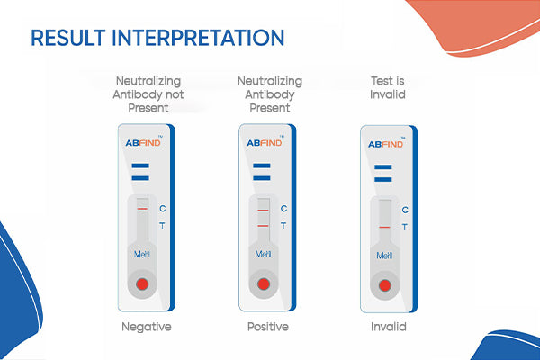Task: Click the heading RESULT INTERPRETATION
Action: tap(157, 39)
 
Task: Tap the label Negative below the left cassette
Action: tap(146, 326)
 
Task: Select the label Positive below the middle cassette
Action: tap(267, 326)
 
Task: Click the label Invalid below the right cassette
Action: tap(389, 326)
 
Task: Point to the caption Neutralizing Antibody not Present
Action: tap(146, 94)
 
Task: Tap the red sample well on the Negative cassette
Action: tap(142, 285)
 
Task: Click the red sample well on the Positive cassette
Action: tap(263, 285)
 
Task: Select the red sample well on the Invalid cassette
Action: tap(384, 285)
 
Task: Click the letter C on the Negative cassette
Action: tap(162, 209)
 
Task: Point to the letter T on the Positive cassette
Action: tap(283, 226)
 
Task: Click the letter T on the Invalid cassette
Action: tap(404, 227)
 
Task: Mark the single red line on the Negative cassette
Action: tap(142, 210)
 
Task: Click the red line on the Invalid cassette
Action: tap(384, 228)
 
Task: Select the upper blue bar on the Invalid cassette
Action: tap(384, 167)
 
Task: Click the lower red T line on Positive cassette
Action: tap(263, 224)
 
